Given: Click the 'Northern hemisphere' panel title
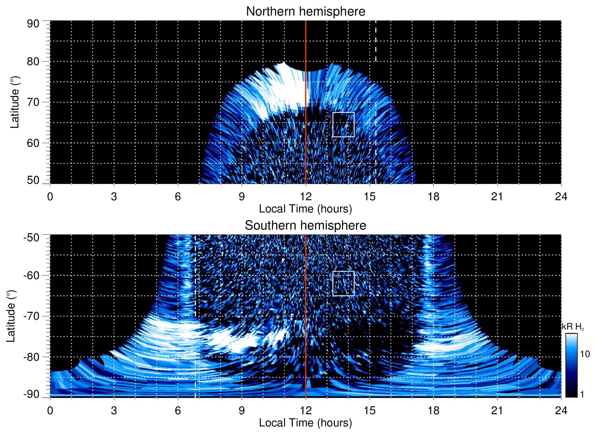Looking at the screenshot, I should point(305,12).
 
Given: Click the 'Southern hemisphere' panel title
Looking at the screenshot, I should point(305,226).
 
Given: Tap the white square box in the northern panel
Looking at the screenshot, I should point(343,124).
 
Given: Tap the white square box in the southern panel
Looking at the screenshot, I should point(343,283).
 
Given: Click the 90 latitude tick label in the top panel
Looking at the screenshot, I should point(33,24).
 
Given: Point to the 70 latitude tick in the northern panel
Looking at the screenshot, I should point(33,102).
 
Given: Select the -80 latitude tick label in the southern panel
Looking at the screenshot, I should point(31,357).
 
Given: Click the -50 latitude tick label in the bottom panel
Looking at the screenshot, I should point(31,238).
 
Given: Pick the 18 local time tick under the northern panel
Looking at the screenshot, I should point(433,197).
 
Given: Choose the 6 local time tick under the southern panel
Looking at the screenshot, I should point(178,411).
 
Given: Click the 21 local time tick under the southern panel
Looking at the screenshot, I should point(497,411).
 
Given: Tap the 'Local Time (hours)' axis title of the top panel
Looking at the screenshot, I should point(305,209).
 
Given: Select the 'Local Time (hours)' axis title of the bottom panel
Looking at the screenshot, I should point(305,423).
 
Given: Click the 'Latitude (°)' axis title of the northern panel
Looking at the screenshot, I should point(15,102).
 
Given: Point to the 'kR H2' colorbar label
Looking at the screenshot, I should point(573,327).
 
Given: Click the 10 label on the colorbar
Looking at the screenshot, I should point(585,354).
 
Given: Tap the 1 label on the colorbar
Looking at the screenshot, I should point(582,394).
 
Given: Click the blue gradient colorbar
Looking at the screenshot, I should point(571,365).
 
